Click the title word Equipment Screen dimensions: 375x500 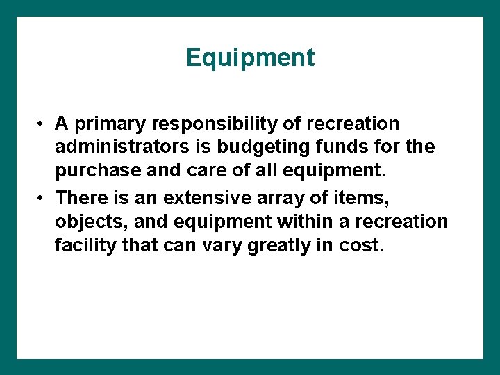[x=250, y=58]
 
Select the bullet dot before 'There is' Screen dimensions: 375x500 [x=42, y=199]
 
